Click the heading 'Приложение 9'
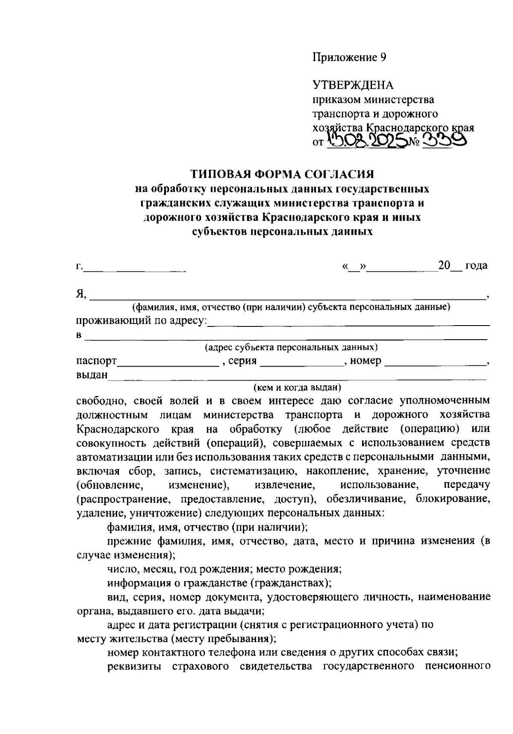tap(349, 58)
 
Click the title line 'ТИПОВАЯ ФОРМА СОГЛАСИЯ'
tap(282, 174)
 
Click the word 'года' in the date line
tap(476, 266)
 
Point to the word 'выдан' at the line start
tap(92, 375)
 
